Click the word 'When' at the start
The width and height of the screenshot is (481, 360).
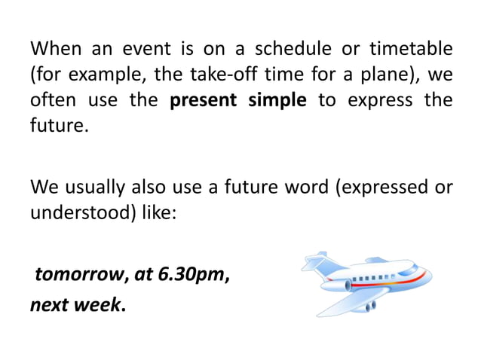[55, 50]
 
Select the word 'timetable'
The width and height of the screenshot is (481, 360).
[411, 50]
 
